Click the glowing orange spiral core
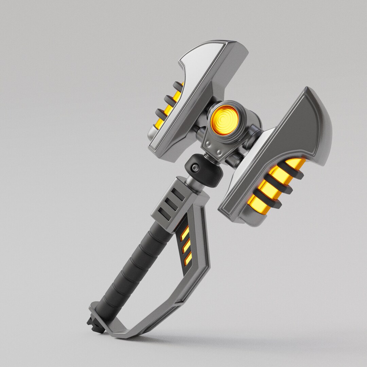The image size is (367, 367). pyautogui.click(x=223, y=119)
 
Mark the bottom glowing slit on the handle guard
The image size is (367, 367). pyautogui.click(x=188, y=259)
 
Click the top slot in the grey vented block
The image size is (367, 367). pyautogui.click(x=178, y=194)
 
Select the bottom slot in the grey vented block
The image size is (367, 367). pyautogui.click(x=164, y=213)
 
